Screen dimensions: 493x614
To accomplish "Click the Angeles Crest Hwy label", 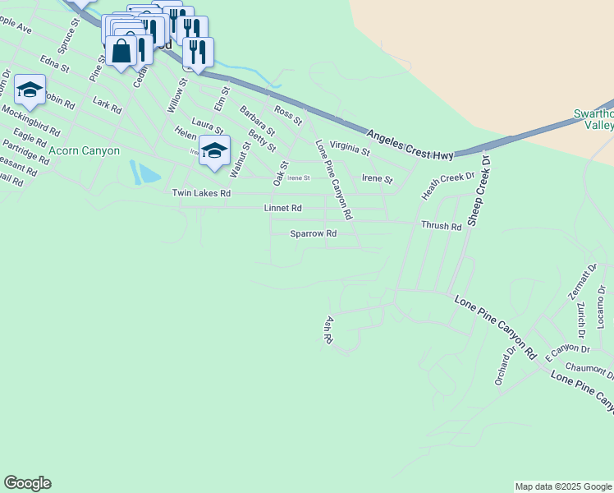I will (410, 145).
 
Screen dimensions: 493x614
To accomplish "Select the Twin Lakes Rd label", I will (201, 193).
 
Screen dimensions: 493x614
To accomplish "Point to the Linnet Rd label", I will (282, 209).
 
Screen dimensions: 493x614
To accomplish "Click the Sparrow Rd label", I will (314, 234).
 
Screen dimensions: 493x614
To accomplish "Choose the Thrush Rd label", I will (441, 225).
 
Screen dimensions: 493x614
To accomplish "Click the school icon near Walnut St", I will (214, 151).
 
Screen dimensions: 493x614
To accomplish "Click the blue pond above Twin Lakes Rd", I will (144, 173).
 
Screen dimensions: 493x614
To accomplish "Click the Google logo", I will (27, 483).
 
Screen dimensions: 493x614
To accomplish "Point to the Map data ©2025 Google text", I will (562, 486).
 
